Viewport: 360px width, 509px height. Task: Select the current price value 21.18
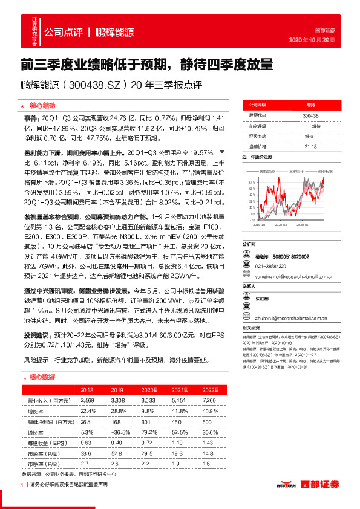click(311, 146)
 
